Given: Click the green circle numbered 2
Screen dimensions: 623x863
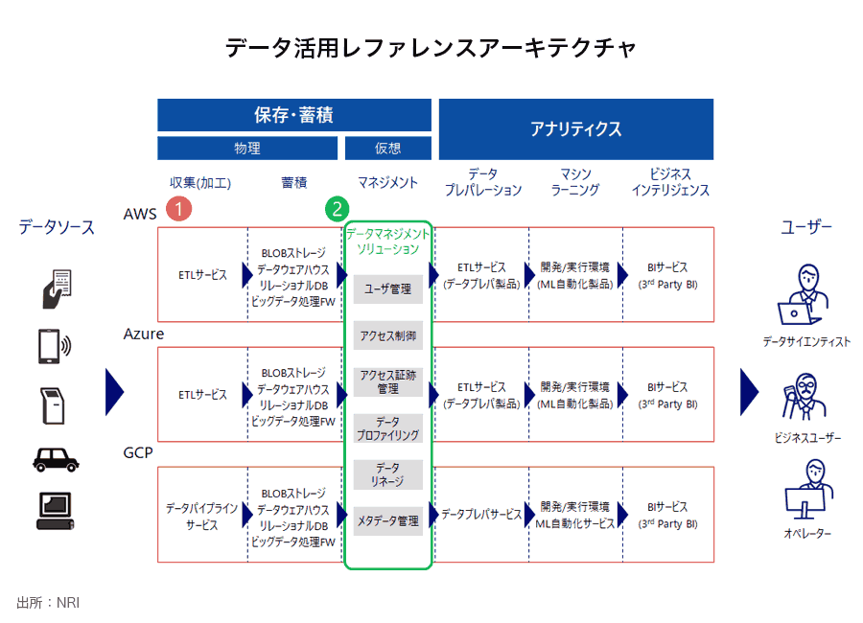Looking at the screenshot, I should [338, 208].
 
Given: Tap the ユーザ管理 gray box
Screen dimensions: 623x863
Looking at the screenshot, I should [387, 288].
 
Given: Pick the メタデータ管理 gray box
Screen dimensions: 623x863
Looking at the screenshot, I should [387, 520].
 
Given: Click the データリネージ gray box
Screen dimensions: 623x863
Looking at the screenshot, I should [387, 473].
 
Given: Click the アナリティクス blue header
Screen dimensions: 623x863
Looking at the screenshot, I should [575, 128].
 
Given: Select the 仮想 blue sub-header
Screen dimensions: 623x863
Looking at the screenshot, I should [387, 149].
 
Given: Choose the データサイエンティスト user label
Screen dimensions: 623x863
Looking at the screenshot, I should [805, 341].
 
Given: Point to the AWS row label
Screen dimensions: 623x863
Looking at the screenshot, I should [140, 214].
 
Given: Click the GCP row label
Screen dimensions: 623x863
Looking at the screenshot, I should [139, 452].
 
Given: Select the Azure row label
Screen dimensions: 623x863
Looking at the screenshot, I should [144, 334].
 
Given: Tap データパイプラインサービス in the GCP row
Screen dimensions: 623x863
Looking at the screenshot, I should [201, 517].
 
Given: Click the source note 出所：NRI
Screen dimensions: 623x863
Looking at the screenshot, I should [48, 602].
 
